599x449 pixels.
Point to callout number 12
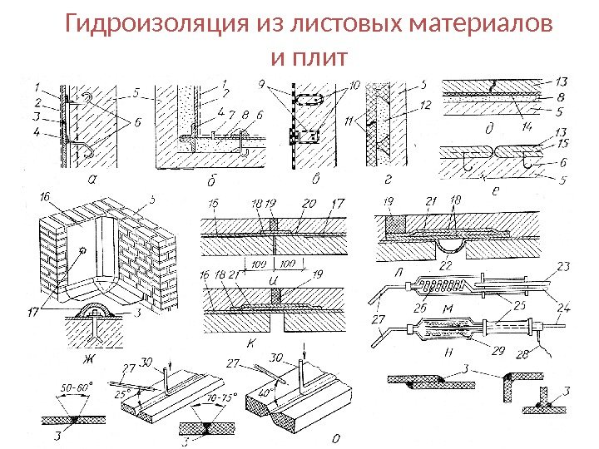coord(425,106)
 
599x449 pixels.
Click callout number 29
coord(498,351)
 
